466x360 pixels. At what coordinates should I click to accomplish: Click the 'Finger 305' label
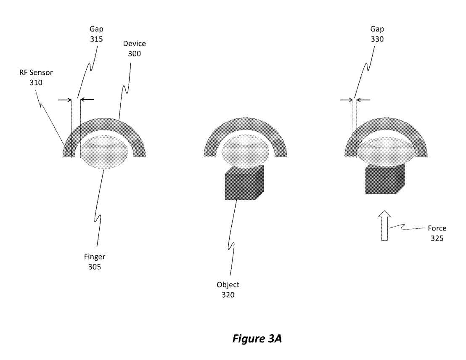(94, 261)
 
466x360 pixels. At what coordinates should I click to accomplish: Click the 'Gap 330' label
(377, 34)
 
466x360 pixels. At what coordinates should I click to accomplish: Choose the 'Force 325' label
(437, 233)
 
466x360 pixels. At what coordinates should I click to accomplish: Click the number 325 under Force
(437, 238)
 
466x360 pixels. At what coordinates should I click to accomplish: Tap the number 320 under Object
(228, 295)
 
